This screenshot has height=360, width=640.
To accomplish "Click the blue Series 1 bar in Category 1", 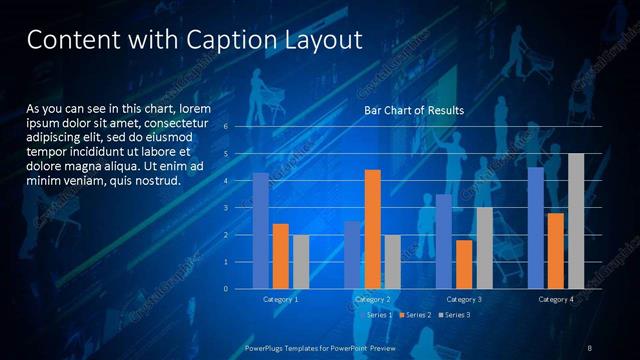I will tap(261, 231).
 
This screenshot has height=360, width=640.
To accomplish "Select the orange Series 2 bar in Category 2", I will tap(372, 229).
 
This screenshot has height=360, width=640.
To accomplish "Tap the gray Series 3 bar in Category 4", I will tap(576, 221).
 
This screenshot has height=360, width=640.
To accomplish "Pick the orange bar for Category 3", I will tap(464, 264).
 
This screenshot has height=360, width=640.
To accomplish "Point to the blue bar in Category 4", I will tap(536, 228).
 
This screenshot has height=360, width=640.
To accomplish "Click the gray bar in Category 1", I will tap(300, 262).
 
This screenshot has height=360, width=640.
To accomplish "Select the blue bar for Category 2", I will tap(352, 255).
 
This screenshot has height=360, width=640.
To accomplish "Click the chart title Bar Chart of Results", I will tap(413, 110).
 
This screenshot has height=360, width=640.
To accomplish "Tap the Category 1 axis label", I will tap(280, 299).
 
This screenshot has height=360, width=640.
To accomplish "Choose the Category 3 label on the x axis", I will tap(464, 299).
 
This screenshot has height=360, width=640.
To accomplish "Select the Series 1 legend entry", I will tap(377, 315).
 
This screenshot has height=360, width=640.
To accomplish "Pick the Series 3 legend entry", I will tap(454, 315).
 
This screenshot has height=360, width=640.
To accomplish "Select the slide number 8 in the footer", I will tap(589, 347).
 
